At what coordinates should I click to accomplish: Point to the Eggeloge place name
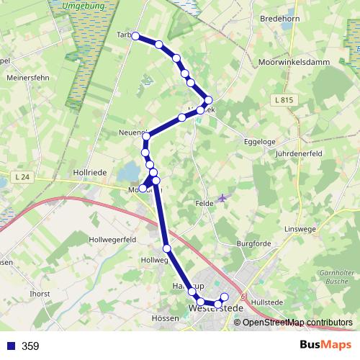[260, 142]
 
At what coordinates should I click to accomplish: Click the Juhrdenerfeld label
[299, 154]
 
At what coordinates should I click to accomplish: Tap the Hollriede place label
[89, 173]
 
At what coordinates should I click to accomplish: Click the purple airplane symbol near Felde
[221, 197]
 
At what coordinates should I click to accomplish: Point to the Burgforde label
[254, 244]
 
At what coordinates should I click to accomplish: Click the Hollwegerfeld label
[112, 238]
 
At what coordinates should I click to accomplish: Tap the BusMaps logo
[325, 346]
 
